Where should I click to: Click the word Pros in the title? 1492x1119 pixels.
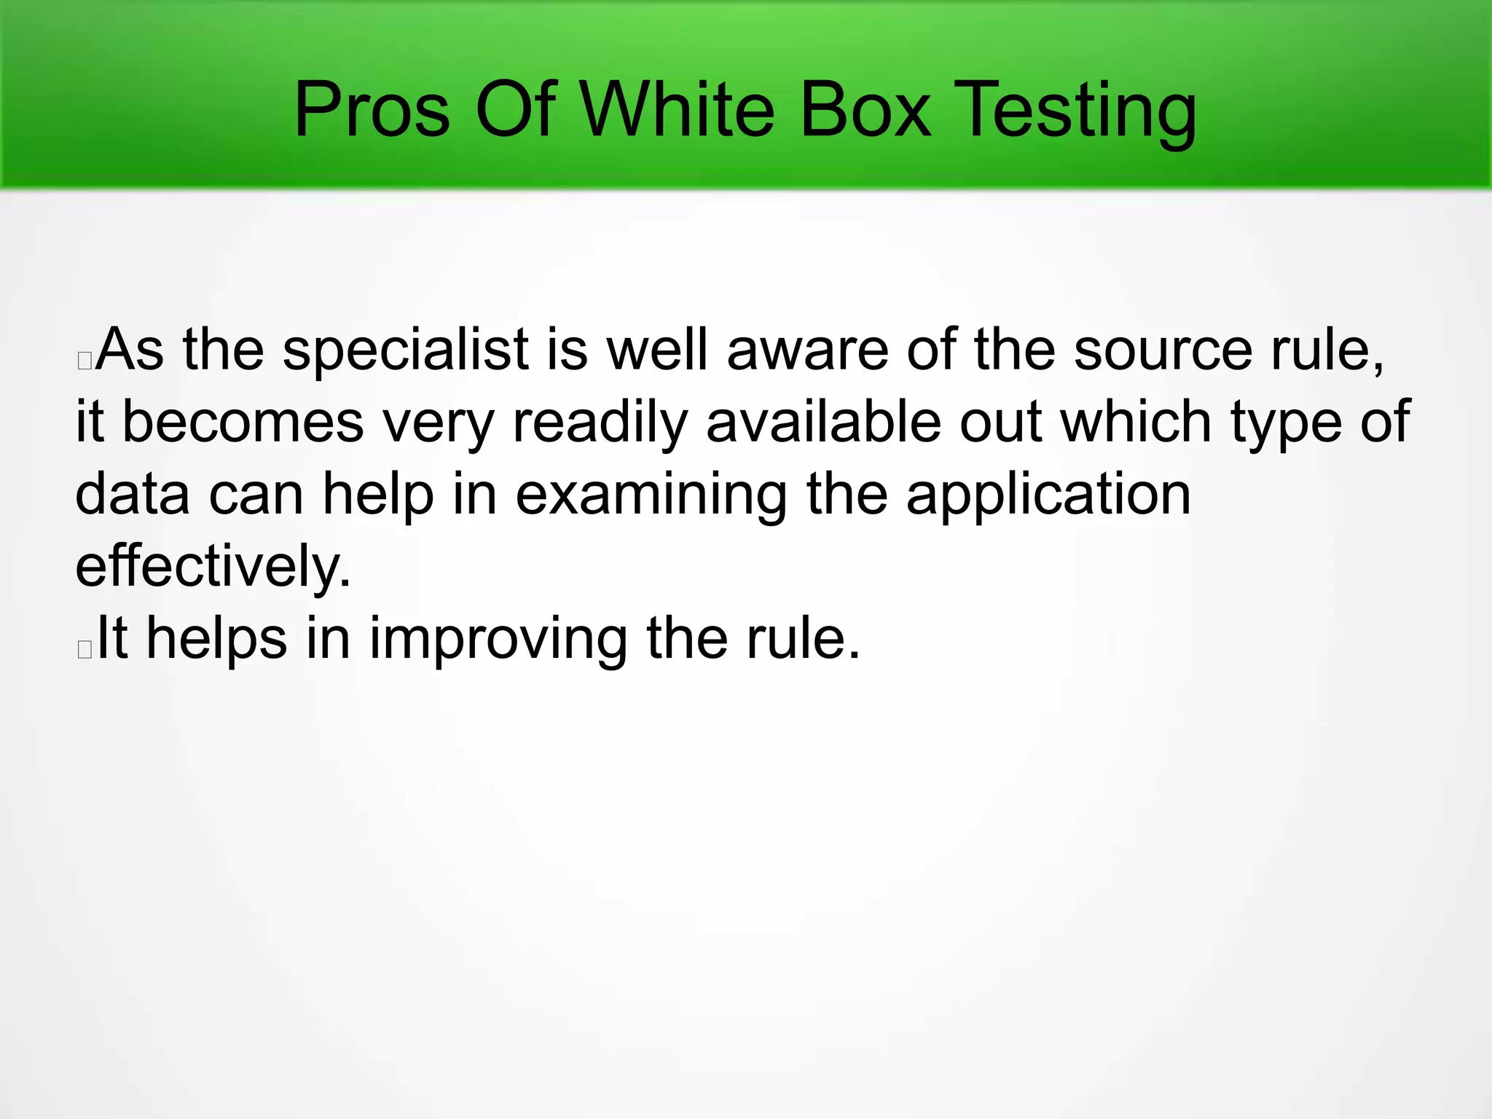pyautogui.click(x=372, y=111)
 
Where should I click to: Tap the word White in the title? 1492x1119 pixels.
pyautogui.click(x=678, y=111)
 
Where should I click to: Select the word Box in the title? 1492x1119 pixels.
pyautogui.click(x=865, y=111)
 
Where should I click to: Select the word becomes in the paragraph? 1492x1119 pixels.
pyautogui.click(x=243, y=423)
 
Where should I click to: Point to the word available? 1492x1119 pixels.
pyautogui.click(x=823, y=423)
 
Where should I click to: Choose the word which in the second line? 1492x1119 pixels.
pyautogui.click(x=1136, y=423)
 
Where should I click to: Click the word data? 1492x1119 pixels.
pyautogui.click(x=133, y=495)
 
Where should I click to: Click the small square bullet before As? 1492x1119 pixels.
pyautogui.click(x=85, y=360)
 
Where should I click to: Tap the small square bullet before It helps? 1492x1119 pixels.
pyautogui.click(x=85, y=648)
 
